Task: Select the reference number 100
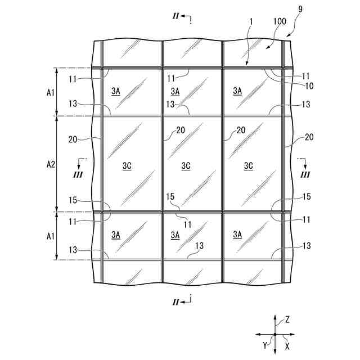[x=279, y=21]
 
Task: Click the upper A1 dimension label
[x=49, y=92]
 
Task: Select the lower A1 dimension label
[x=49, y=236]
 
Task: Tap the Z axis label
[x=287, y=319]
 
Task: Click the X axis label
[x=287, y=346]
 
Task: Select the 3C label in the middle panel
[x=186, y=166]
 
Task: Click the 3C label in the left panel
[x=127, y=166]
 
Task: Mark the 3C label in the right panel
[x=249, y=166]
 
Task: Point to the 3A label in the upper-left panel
[x=116, y=91]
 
